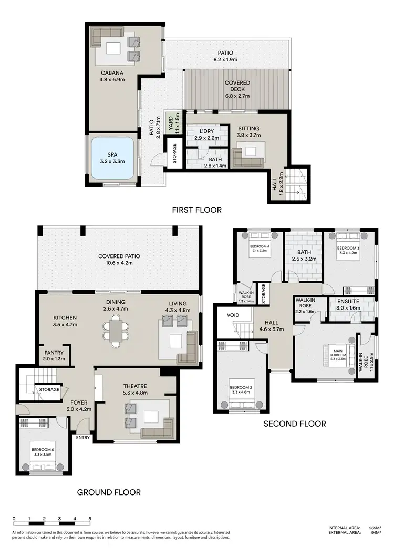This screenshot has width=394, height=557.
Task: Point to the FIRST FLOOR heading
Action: [x=196, y=210]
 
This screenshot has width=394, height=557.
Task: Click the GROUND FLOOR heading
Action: [x=109, y=492]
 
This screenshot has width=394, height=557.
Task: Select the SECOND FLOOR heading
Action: [x=294, y=424]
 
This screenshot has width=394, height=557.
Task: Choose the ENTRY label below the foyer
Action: [x=83, y=437]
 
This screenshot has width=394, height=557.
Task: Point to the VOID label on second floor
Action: [x=233, y=316]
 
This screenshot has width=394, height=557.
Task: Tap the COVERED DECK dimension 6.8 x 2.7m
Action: [x=237, y=96]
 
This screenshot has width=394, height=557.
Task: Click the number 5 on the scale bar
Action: [x=90, y=519]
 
